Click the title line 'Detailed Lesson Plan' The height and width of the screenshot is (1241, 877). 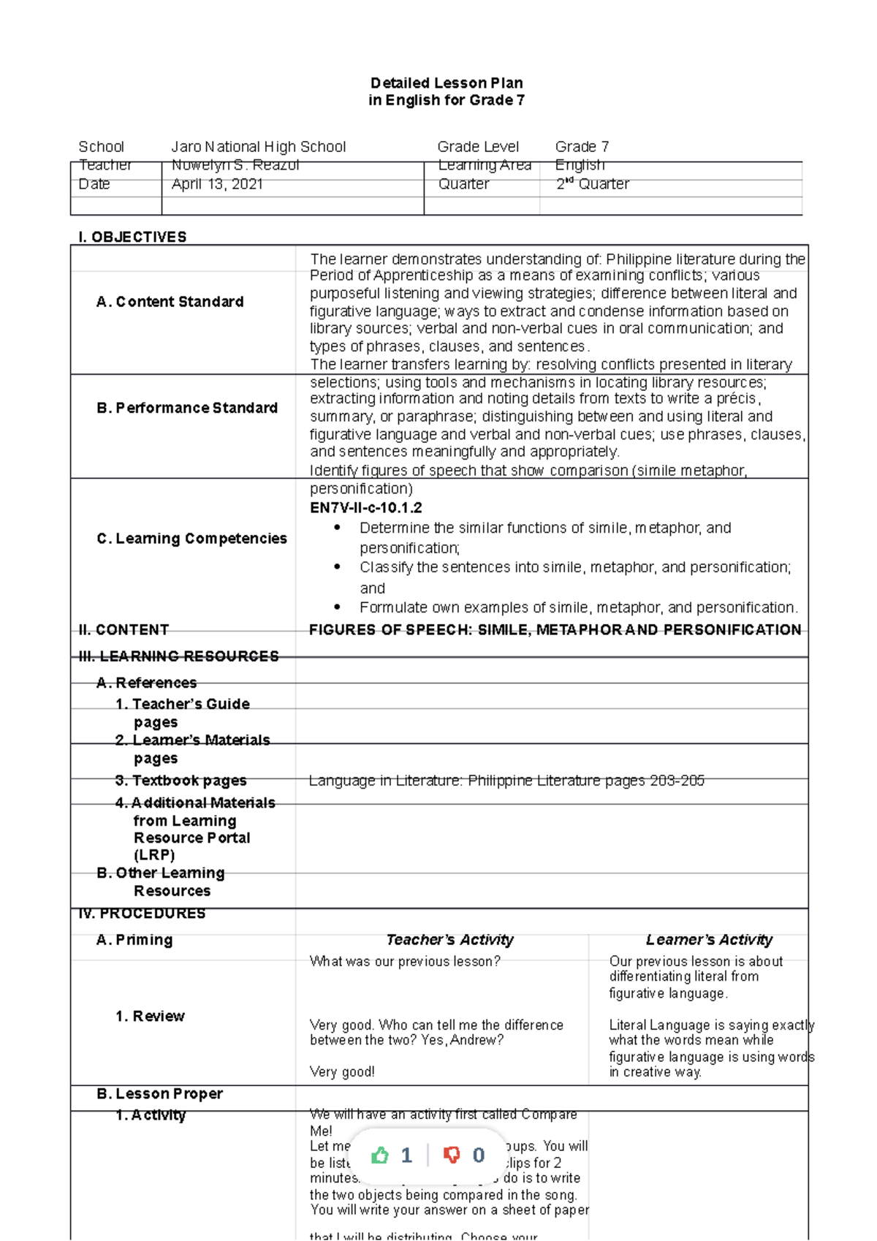click(x=446, y=83)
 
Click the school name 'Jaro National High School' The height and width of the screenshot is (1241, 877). click(x=258, y=147)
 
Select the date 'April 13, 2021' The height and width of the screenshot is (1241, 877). click(x=217, y=184)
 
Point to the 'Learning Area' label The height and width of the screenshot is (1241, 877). click(x=484, y=165)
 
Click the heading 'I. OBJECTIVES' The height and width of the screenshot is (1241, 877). click(x=132, y=237)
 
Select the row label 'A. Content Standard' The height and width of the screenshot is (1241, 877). click(x=170, y=302)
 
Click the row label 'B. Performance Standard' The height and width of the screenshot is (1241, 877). click(x=186, y=408)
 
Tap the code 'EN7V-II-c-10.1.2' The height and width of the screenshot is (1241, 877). click(x=365, y=508)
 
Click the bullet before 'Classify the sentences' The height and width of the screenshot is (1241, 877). click(x=337, y=566)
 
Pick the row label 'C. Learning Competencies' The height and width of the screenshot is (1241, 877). click(x=191, y=539)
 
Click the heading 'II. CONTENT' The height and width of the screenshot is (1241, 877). click(x=124, y=630)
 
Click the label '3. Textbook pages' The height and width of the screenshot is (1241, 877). click(x=181, y=781)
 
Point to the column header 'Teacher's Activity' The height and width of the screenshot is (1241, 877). click(x=449, y=940)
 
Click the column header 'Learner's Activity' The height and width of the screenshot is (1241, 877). click(x=709, y=940)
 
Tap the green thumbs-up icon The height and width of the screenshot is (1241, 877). click(x=380, y=1155)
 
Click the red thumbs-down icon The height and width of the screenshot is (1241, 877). click(x=452, y=1155)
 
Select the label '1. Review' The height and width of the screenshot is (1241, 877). click(x=150, y=1017)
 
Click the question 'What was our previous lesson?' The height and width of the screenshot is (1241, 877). click(x=405, y=962)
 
